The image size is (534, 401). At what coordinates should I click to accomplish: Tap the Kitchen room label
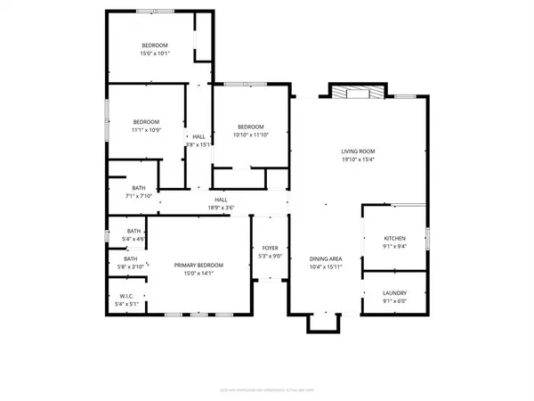[x=394, y=239]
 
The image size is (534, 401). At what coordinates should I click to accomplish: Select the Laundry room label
[x=394, y=292]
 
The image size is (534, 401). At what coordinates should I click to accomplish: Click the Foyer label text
[x=268, y=248]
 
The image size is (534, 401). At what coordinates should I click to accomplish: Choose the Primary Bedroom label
[x=198, y=266]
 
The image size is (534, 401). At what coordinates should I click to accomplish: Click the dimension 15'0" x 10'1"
[x=155, y=53]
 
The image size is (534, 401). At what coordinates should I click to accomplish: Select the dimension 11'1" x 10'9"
[x=146, y=130]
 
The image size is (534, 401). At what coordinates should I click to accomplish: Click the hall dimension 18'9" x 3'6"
[x=221, y=208]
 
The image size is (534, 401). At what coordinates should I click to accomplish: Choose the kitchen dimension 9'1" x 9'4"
[x=394, y=247]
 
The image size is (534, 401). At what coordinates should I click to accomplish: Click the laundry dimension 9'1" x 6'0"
[x=394, y=300]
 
